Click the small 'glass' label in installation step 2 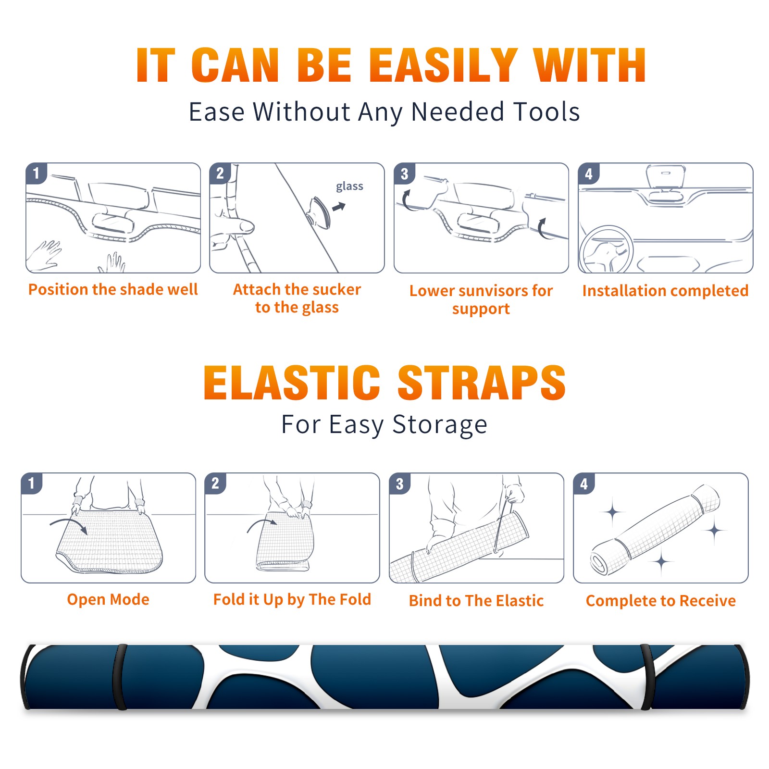click(349, 186)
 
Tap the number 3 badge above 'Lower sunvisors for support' click(404, 174)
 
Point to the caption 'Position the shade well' click(113, 289)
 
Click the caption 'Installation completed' click(665, 290)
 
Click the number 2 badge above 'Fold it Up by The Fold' click(215, 483)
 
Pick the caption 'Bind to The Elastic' click(476, 601)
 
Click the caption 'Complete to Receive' click(661, 601)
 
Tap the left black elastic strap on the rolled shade click(119, 677)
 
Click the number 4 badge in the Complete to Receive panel click(584, 484)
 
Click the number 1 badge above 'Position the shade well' click(36, 173)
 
